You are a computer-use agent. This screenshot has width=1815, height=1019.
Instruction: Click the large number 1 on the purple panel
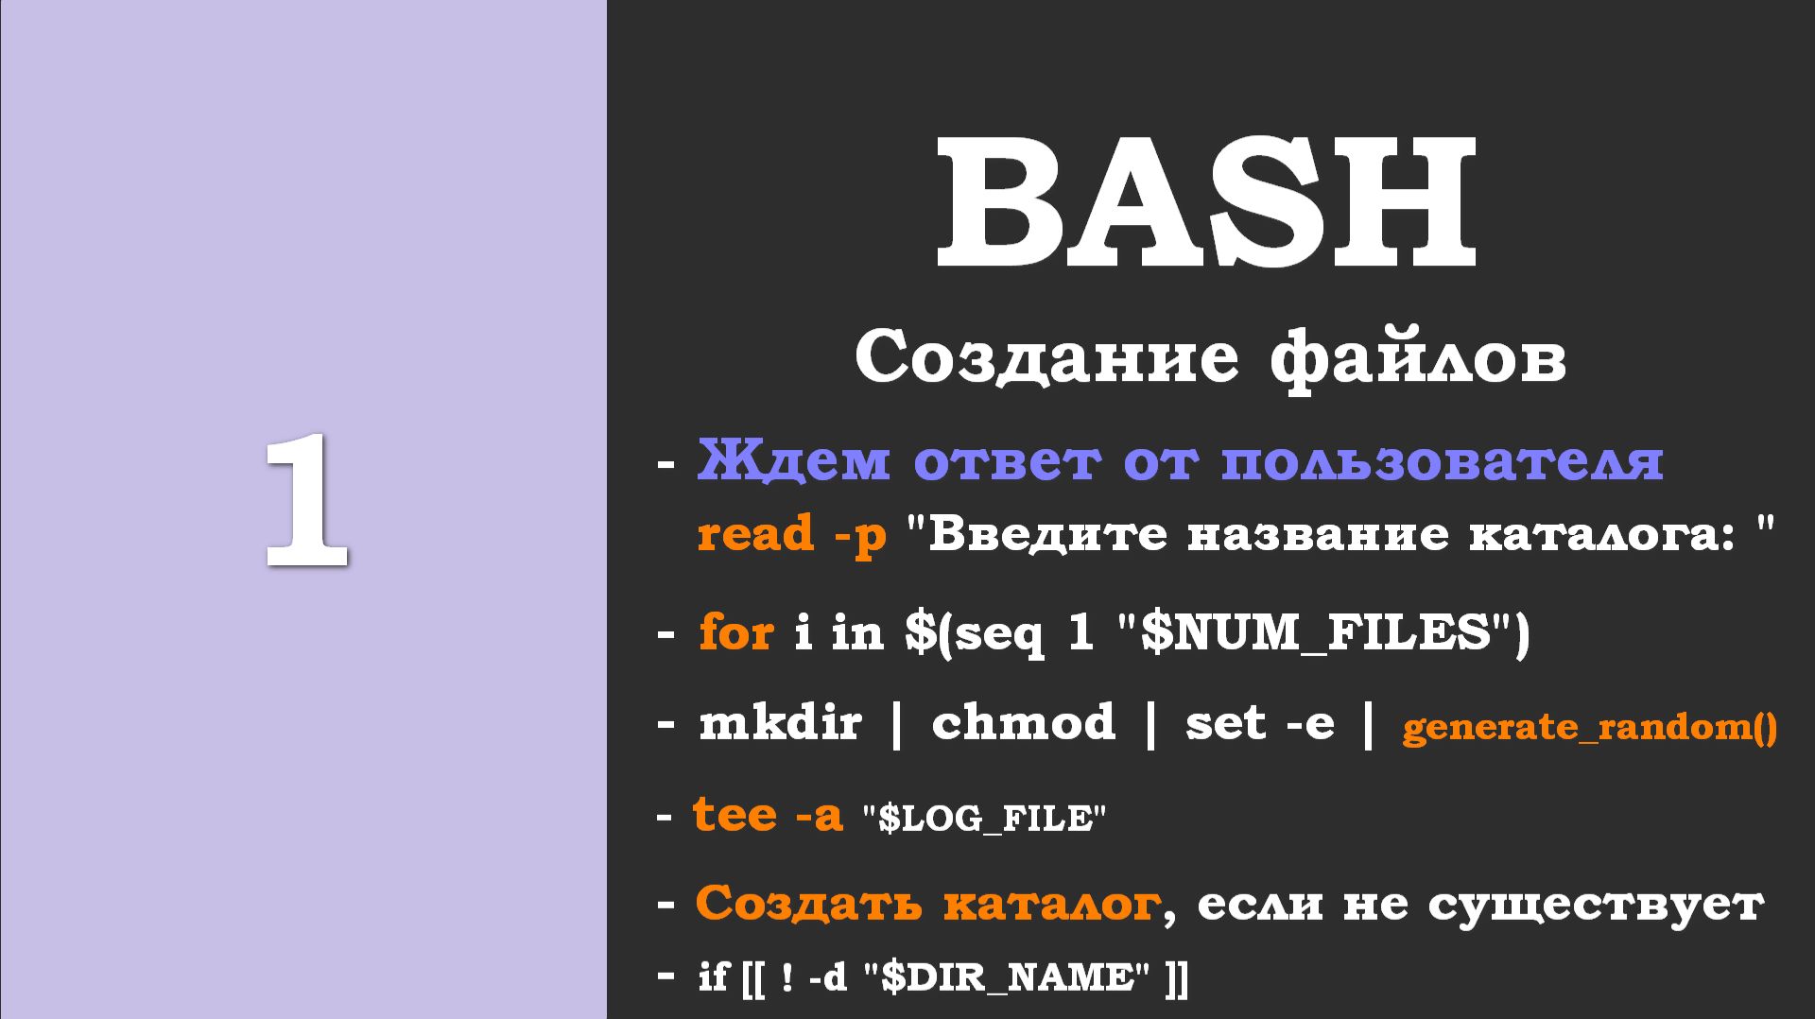[x=306, y=501]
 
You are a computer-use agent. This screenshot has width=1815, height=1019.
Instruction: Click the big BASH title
[x=1206, y=203]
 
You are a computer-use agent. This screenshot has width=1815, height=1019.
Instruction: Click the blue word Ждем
[x=793, y=460]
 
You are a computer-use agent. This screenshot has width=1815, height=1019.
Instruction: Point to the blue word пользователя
[x=1442, y=462]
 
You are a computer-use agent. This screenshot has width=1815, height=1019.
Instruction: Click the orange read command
[x=754, y=534]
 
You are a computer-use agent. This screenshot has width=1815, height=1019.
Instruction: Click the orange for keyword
[x=735, y=631]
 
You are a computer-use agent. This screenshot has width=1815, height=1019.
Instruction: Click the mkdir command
[x=780, y=723]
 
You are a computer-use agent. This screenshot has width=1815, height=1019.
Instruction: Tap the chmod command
[x=1023, y=723]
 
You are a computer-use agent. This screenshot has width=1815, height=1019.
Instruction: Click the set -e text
[x=1259, y=724]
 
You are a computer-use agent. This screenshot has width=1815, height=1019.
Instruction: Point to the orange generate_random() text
[x=1589, y=728]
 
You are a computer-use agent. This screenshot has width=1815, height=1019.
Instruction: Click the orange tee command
[x=734, y=814]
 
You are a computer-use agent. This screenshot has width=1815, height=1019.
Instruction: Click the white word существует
[x=1595, y=905]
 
